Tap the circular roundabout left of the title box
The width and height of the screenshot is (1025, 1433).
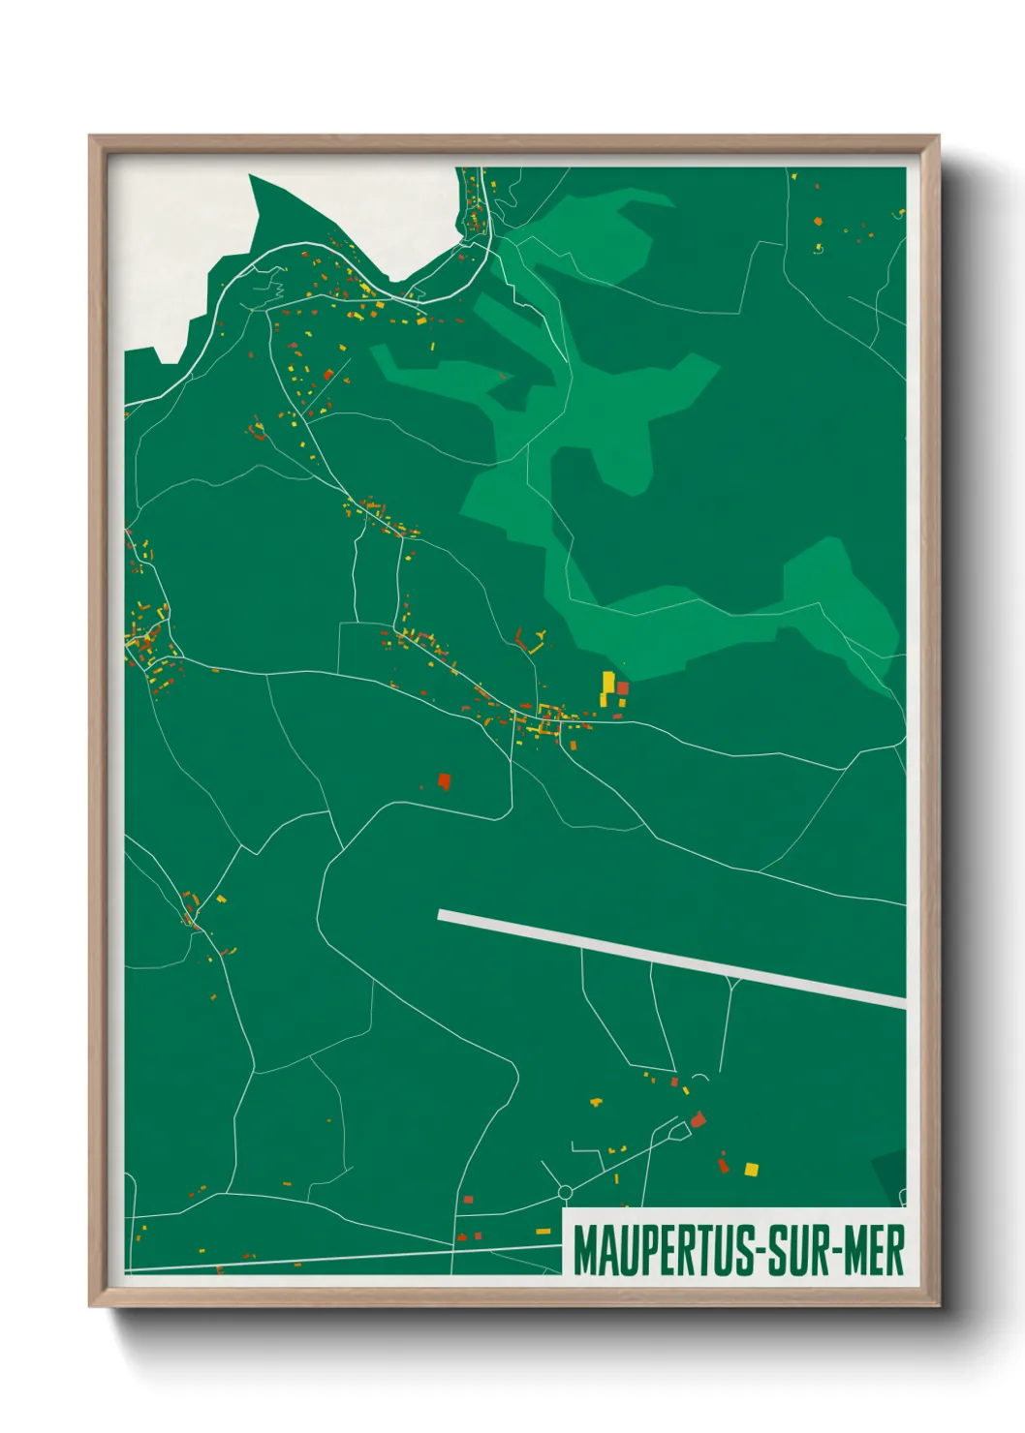pyautogui.click(x=566, y=1192)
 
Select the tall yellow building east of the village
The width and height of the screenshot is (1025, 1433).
pyautogui.click(x=608, y=682)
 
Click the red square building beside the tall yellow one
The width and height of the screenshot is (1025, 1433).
pyautogui.click(x=623, y=688)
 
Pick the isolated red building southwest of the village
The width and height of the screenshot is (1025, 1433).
pyautogui.click(x=445, y=780)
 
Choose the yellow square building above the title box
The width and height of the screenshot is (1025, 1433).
pyautogui.click(x=751, y=1170)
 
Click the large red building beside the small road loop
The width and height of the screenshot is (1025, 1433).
pyautogui.click(x=698, y=1120)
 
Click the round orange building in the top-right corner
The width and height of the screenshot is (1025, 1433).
pyautogui.click(x=819, y=222)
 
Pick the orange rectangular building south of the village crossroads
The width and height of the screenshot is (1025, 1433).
pyautogui.click(x=573, y=745)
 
